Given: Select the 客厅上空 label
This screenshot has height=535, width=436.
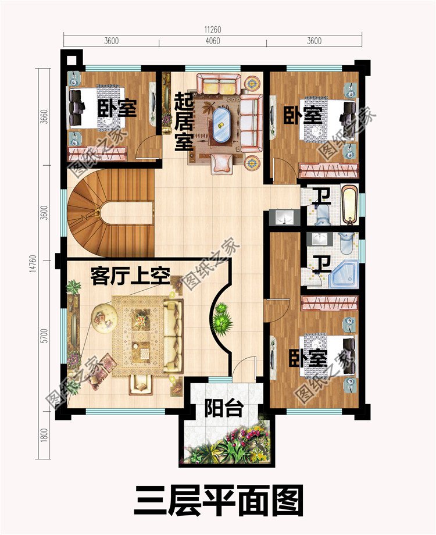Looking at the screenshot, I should click(130, 277).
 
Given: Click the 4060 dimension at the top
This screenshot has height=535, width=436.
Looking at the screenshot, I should click(212, 41).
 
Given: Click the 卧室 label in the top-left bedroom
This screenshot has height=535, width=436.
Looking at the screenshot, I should click(117, 108).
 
